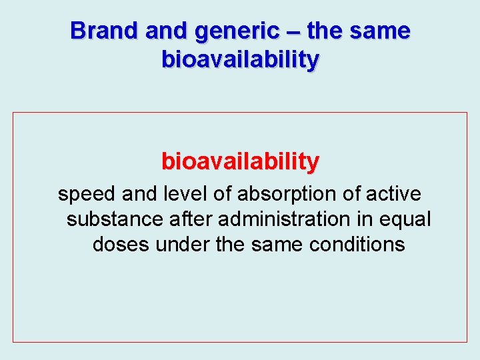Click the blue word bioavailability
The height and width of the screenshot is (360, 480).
pyautogui.click(x=240, y=60)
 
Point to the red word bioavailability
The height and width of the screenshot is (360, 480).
pyautogui.click(x=240, y=161)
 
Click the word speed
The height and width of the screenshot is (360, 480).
pyautogui.click(x=87, y=194)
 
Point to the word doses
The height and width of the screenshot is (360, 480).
pyautogui.click(x=121, y=244)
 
